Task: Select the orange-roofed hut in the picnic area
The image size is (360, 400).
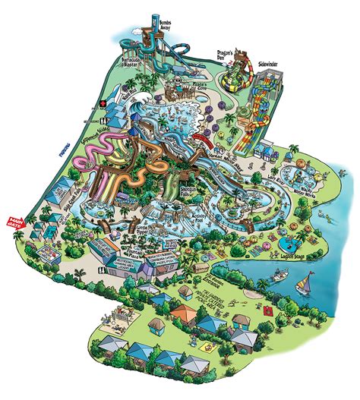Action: click(182, 314)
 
